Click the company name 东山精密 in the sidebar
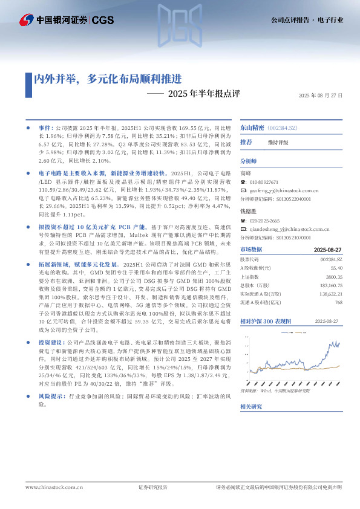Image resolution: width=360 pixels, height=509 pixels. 252,129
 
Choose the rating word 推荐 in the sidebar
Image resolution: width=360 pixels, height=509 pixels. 246,142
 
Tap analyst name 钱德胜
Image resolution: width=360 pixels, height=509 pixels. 248,212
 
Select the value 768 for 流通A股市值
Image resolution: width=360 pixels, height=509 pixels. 339,302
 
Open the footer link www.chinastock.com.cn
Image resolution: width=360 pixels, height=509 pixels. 54,487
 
